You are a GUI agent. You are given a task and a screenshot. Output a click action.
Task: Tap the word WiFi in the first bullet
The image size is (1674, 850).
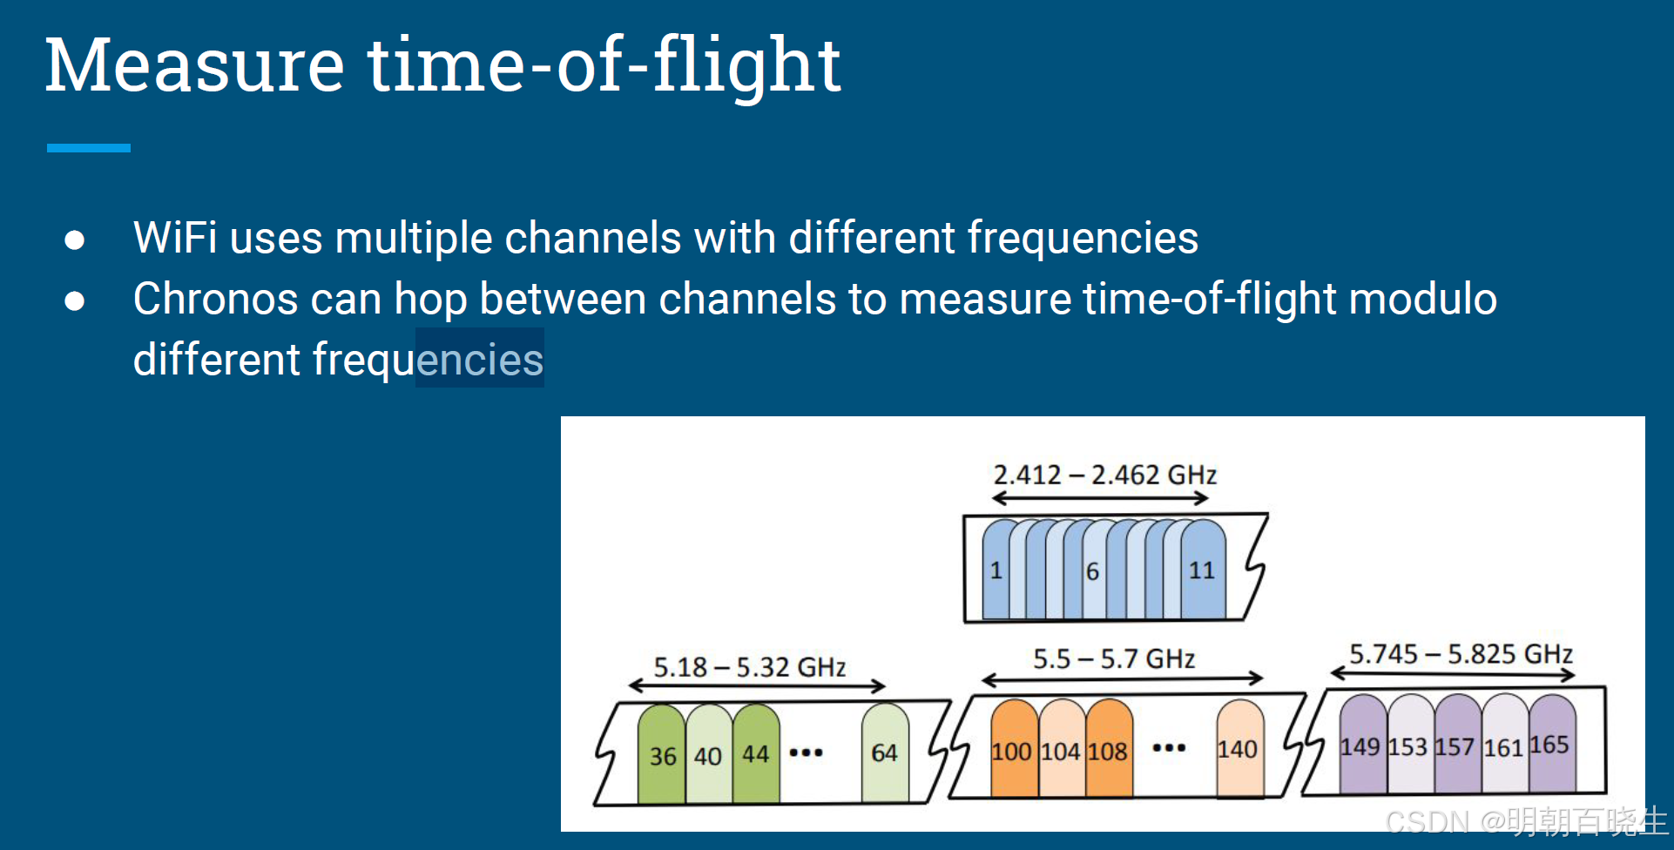[x=174, y=238]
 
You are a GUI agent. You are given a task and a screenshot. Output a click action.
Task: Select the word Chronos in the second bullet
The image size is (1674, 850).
[x=214, y=299]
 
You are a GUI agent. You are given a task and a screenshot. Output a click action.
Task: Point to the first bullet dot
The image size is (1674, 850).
[x=75, y=239]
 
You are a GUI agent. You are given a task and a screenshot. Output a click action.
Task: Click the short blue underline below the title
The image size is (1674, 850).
[x=88, y=148]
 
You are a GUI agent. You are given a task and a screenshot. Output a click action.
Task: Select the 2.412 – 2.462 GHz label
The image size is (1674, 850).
[x=1104, y=475]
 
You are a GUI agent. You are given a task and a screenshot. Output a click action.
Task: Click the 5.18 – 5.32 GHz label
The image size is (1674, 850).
[x=749, y=667]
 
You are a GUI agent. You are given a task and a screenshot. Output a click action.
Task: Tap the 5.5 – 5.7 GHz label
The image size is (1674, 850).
[x=1113, y=658]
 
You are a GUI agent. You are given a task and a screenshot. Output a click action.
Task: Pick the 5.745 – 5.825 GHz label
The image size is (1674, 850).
[x=1460, y=654]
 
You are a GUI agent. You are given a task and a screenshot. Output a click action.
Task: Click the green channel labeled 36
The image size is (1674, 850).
[x=662, y=754]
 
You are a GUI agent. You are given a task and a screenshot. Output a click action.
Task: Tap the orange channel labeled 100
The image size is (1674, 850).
[x=1012, y=751]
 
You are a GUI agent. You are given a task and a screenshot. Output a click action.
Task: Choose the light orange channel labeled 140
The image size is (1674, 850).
[x=1238, y=749]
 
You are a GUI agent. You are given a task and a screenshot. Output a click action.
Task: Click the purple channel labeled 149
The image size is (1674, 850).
[x=1360, y=746]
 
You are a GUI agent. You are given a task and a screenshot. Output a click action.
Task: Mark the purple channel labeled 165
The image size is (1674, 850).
[x=1550, y=744]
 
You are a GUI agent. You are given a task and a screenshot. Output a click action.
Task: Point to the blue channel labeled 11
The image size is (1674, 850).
[x=1203, y=570]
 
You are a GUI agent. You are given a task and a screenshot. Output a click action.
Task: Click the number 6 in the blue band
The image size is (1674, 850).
[x=1092, y=571]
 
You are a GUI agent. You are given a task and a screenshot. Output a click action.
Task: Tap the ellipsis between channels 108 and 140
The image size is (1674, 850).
[x=1169, y=748]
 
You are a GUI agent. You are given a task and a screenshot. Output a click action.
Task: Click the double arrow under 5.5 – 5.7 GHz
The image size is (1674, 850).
[x=1122, y=678]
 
